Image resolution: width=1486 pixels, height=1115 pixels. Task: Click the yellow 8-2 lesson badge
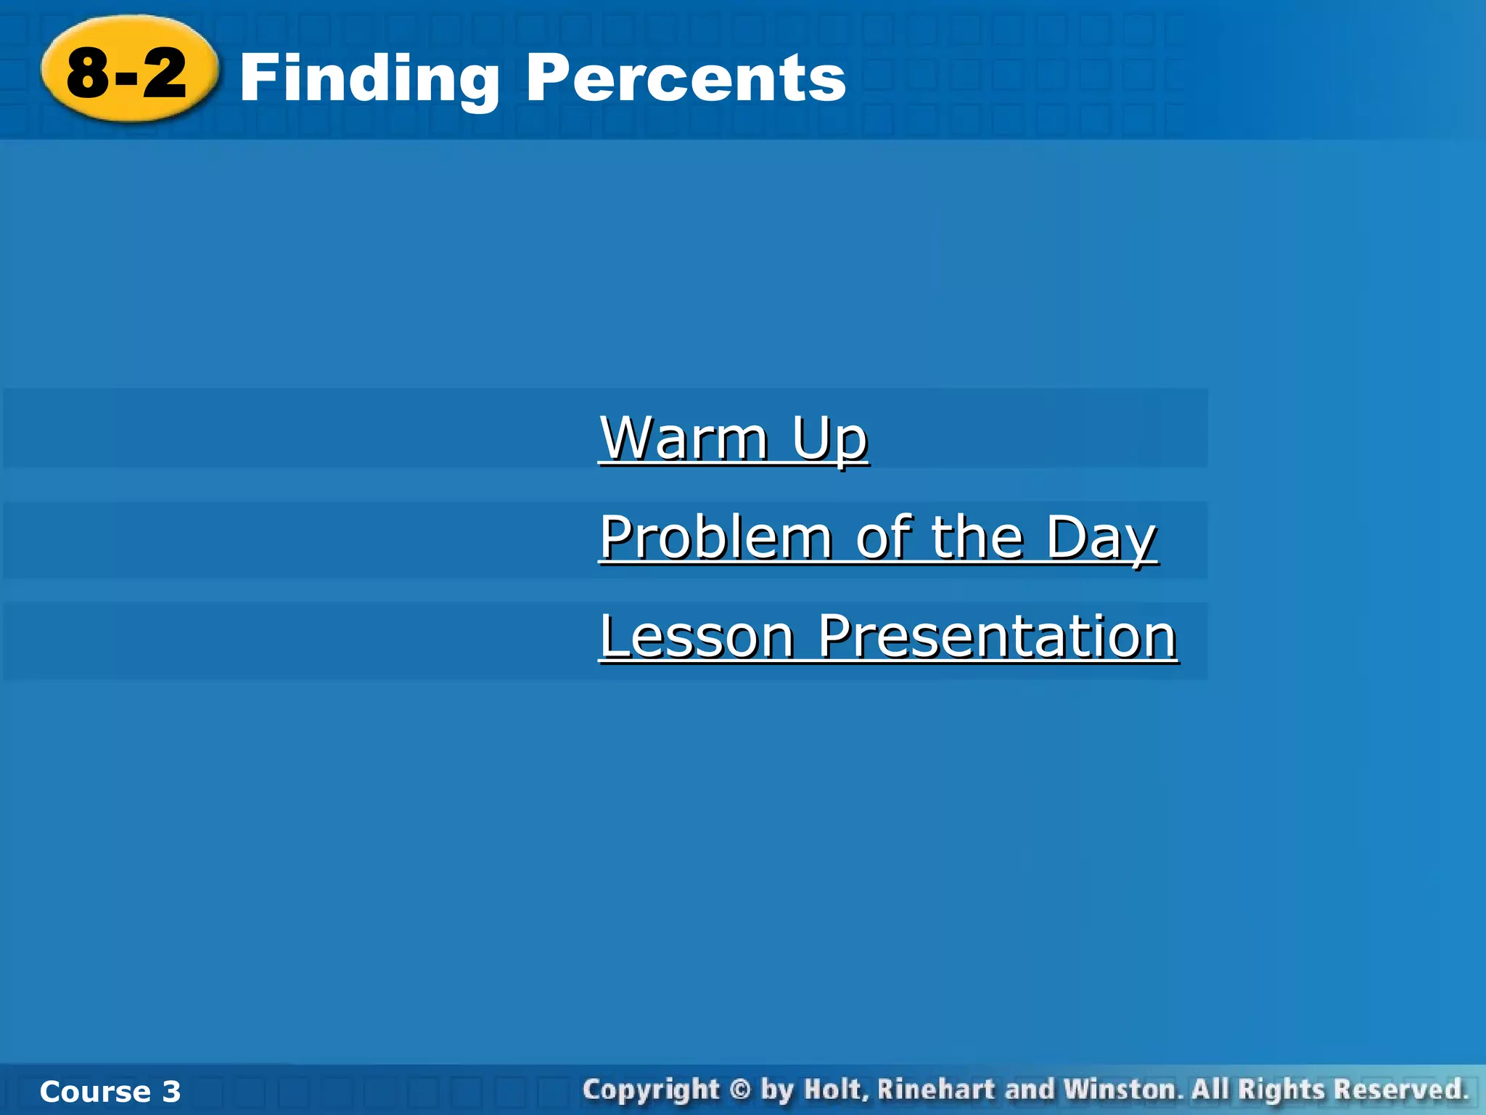128,71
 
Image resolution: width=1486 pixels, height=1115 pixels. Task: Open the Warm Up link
734,438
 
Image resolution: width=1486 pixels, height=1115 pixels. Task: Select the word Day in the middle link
1101,539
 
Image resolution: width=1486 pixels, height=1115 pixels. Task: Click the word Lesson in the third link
697,637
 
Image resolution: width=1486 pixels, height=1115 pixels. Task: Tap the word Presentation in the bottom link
997,637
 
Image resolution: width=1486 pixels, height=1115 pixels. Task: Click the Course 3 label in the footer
110,1092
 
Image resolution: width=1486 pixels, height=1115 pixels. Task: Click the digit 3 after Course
171,1092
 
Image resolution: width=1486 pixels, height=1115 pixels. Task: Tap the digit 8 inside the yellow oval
89,73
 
